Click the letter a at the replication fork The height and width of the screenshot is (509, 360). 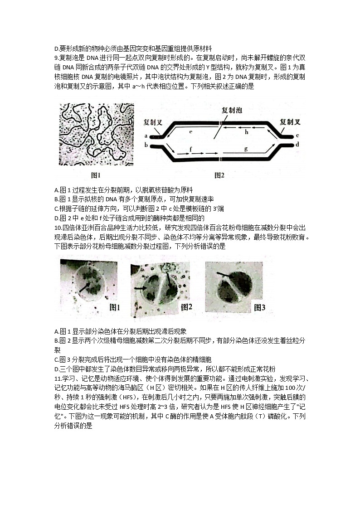point(146,136)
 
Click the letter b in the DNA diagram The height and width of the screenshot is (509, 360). point(146,145)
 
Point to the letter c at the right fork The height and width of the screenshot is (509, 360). point(297,136)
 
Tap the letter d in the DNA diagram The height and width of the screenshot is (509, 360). point(297,145)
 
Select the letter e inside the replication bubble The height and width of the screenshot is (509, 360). point(190,131)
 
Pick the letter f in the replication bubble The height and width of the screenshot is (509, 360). point(190,149)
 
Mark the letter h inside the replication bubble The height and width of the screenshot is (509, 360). point(247,132)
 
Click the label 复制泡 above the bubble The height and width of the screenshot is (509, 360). point(231,111)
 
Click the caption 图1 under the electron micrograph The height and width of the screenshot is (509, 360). point(95,175)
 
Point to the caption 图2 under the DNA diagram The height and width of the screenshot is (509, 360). point(219,175)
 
